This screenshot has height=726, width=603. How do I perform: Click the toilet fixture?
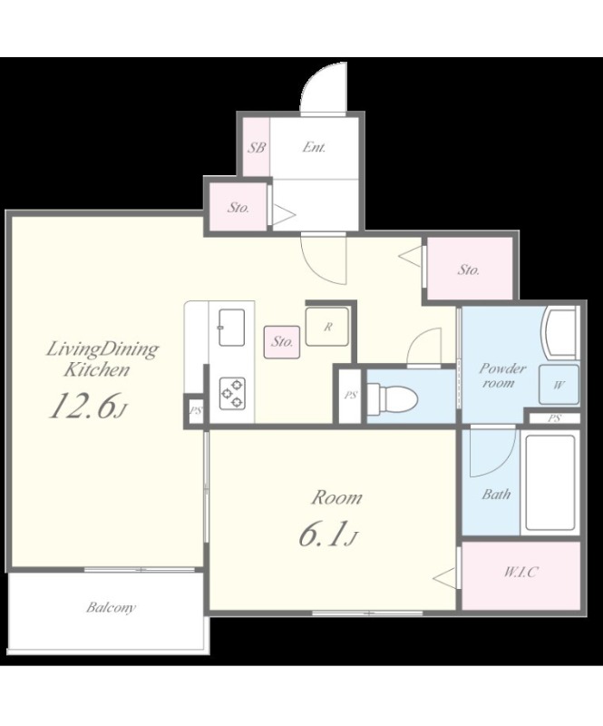point(394,397)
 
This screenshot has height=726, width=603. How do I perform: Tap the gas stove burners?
point(232,393)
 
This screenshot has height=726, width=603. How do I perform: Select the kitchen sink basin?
point(232,328)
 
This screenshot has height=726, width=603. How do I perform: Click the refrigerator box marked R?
point(327,327)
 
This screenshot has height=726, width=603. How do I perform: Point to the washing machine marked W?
point(559,385)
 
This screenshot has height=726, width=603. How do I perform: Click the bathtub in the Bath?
point(550,483)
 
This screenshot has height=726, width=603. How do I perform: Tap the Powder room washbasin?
point(560,332)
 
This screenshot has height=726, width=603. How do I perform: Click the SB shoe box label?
point(257,148)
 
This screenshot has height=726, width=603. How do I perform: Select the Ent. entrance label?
point(315,147)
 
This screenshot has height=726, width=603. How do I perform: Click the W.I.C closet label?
point(520,572)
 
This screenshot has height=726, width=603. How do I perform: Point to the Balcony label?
point(111,607)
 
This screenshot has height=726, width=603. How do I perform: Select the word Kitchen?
point(96,369)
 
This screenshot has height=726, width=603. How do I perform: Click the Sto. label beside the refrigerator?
point(282,342)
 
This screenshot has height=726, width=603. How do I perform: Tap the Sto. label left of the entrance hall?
point(238,208)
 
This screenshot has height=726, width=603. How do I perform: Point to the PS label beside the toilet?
point(350,395)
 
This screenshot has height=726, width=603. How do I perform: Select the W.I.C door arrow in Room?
point(445,578)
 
